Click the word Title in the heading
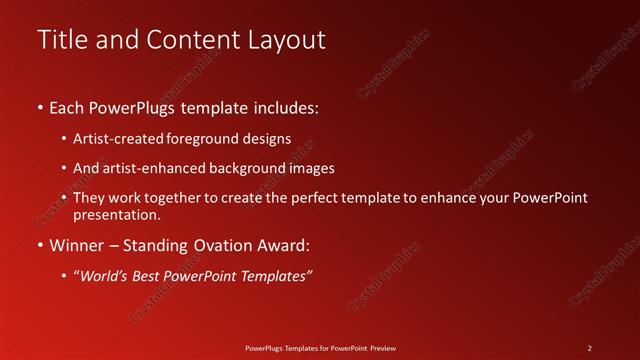(x=61, y=40)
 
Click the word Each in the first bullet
(x=68, y=106)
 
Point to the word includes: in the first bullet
(x=285, y=106)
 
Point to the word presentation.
(x=116, y=214)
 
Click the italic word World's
(x=104, y=275)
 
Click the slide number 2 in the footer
(x=590, y=348)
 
